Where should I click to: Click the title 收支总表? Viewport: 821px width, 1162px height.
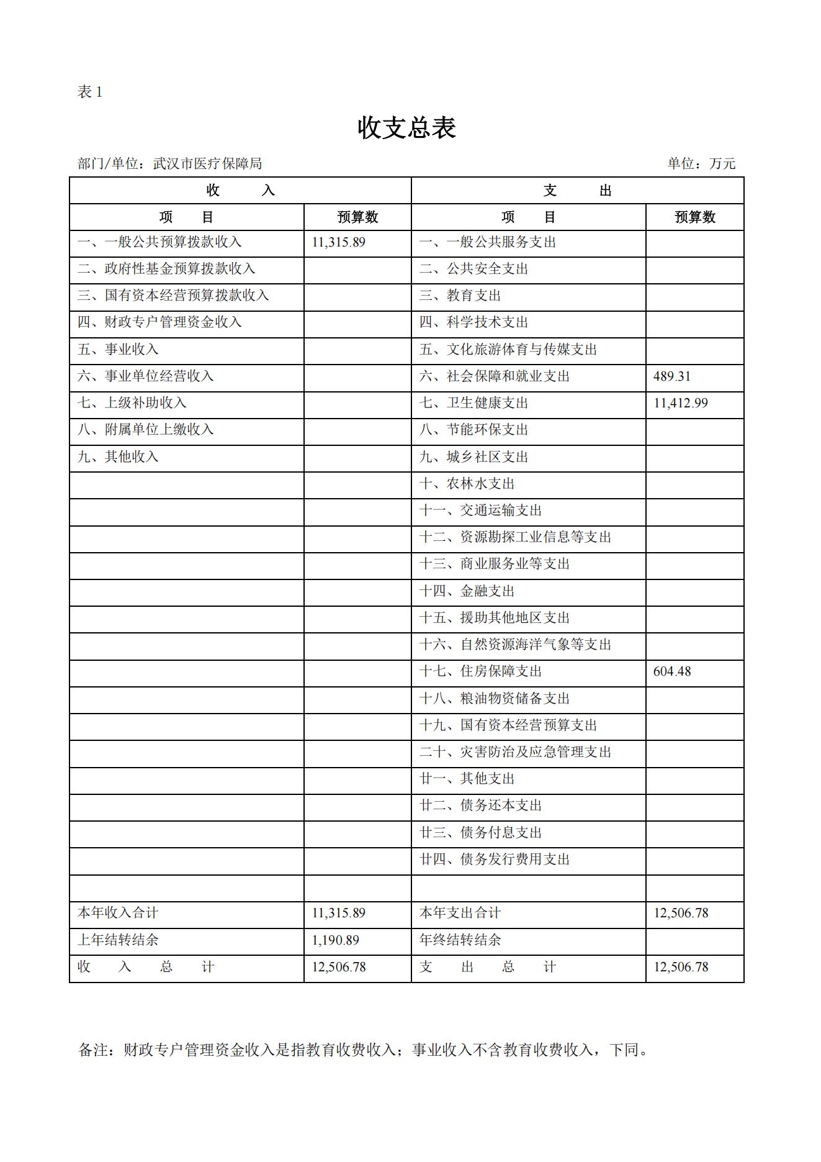click(407, 128)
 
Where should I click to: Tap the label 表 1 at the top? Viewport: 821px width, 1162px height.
click(89, 93)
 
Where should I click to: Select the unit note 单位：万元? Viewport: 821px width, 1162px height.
click(701, 163)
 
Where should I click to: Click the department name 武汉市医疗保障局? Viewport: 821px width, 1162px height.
click(207, 163)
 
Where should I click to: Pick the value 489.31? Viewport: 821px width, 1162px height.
click(671, 376)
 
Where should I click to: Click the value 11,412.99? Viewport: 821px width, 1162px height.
click(680, 403)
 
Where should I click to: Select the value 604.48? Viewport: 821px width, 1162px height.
click(671, 671)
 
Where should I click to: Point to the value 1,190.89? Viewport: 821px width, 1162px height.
click(335, 940)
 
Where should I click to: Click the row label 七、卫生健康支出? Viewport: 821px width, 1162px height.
click(473, 403)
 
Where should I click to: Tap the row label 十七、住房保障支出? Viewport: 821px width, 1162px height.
click(480, 671)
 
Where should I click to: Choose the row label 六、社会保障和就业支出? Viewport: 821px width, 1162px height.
click(494, 376)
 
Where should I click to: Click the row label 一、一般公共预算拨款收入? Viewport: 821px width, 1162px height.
click(159, 242)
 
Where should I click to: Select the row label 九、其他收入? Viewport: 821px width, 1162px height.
click(118, 457)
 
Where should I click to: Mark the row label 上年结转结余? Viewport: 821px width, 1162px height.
click(118, 940)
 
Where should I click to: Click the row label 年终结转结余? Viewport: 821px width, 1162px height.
click(460, 940)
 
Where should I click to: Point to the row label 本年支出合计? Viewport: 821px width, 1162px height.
click(460, 913)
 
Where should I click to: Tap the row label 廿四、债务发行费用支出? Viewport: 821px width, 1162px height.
click(494, 860)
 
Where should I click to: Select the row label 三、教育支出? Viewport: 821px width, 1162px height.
click(460, 296)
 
